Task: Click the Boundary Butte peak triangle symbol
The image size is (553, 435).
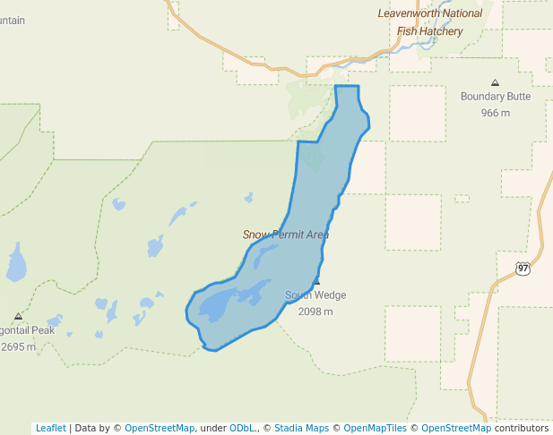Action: coord(496,82)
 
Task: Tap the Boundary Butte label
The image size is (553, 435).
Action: coord(495,97)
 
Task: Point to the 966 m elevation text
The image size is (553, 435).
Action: coord(495,113)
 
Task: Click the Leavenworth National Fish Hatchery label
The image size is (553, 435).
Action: coord(430,22)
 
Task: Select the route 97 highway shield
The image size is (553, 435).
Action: coord(523,268)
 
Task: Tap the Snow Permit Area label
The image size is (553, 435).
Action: coord(286,235)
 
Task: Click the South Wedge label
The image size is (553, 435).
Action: coord(315,295)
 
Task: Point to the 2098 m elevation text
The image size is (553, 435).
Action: coord(315,311)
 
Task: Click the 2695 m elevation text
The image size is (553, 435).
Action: coord(18,346)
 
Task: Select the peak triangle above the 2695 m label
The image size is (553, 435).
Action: coord(18,316)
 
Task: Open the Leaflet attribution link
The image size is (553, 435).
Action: coord(50,428)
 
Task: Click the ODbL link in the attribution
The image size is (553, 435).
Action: coord(242,428)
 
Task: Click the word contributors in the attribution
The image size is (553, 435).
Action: coord(521,428)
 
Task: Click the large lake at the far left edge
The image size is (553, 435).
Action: coord(16,263)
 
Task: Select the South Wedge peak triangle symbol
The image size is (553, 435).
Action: coord(316,282)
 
